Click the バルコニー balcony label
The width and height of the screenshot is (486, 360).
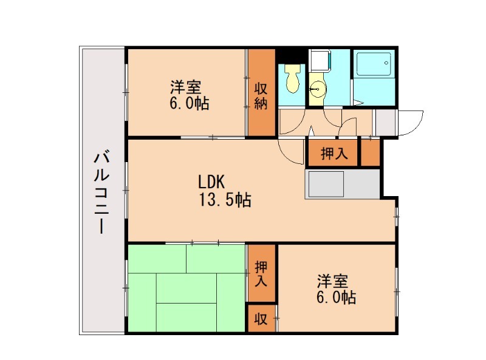[x=101, y=194]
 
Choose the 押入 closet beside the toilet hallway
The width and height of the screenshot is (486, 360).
[x=334, y=154]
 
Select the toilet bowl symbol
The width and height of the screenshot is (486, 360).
[x=293, y=79]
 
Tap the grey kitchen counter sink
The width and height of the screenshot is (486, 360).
[x=326, y=184]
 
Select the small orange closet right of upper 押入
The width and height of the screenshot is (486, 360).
[x=371, y=152]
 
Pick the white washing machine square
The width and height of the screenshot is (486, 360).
[x=320, y=60]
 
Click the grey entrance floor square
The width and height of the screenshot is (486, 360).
[x=385, y=122]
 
